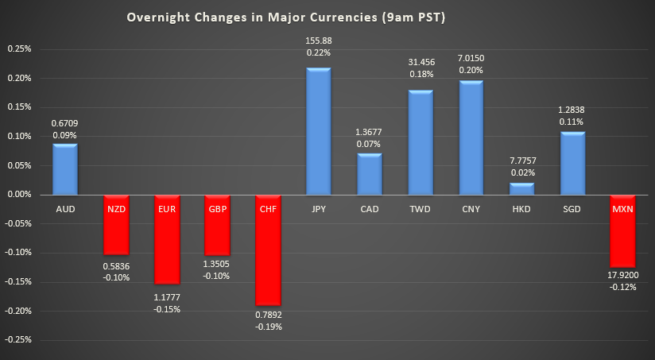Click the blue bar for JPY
click(x=318, y=131)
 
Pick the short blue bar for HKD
click(x=521, y=189)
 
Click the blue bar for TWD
click(x=420, y=143)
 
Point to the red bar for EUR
click(x=166, y=238)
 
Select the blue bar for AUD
click(x=64, y=169)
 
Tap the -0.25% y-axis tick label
click(x=17, y=339)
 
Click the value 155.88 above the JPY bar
click(x=318, y=41)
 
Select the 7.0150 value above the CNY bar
click(x=471, y=58)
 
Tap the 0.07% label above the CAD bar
click(x=369, y=144)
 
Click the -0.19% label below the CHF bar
click(x=267, y=326)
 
